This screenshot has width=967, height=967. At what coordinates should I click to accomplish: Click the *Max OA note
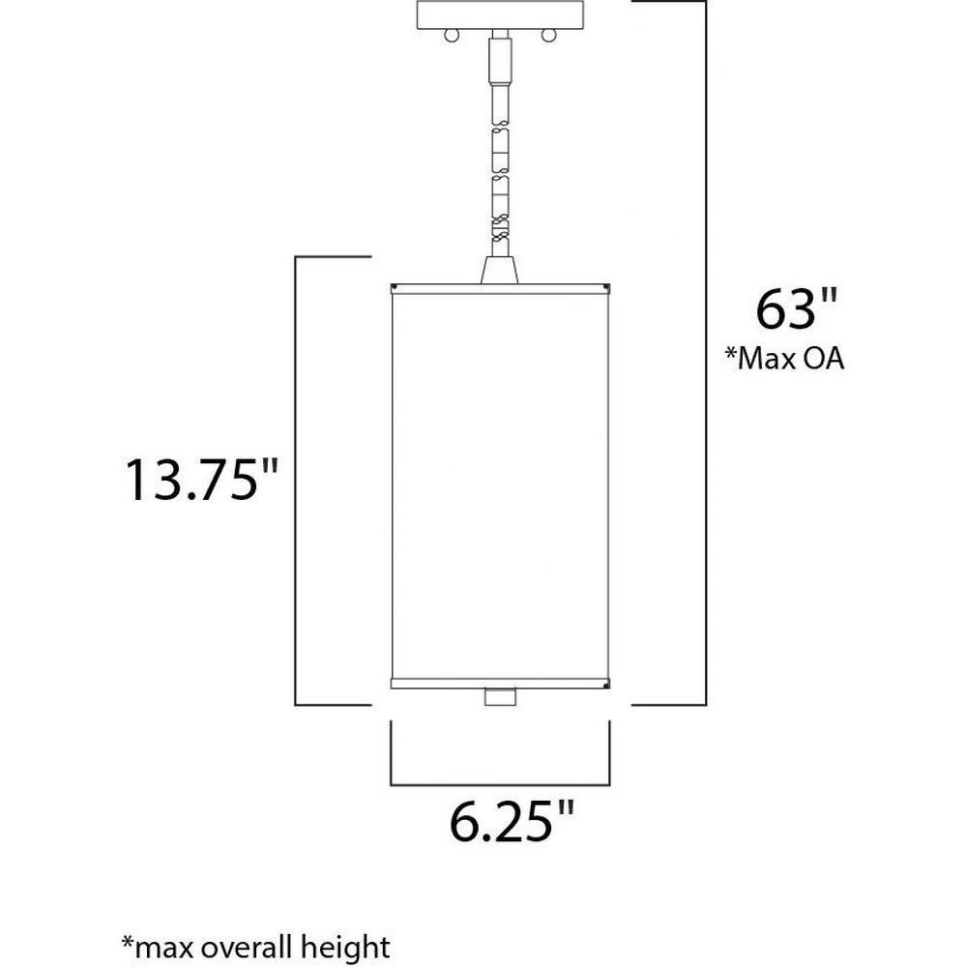(784, 359)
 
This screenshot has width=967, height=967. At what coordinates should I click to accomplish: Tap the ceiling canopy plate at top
(500, 15)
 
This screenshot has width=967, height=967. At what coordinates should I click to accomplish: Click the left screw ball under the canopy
(452, 36)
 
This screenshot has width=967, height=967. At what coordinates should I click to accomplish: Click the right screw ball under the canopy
(548, 36)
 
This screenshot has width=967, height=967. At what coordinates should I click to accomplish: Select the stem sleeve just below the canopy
(500, 59)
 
